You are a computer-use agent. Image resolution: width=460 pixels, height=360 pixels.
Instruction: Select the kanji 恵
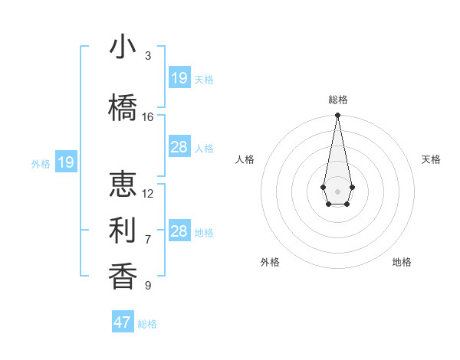pos(123,185)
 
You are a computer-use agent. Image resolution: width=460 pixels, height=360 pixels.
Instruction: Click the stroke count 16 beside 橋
pos(148,117)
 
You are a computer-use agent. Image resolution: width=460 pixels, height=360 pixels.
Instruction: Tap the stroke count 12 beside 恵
pos(148,194)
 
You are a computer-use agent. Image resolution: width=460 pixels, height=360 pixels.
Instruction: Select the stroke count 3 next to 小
pos(148,56)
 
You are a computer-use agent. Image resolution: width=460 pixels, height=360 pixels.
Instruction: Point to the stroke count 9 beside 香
pos(148,286)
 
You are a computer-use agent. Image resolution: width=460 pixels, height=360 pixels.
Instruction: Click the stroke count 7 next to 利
pos(148,240)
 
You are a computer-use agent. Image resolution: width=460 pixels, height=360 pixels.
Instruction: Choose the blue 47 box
pos(123,322)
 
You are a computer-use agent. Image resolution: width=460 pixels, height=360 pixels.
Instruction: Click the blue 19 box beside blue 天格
pos(179,78)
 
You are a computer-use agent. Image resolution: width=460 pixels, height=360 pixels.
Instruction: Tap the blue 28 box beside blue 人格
pos(179,147)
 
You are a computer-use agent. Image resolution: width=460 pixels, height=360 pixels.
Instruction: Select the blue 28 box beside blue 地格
pos(179,231)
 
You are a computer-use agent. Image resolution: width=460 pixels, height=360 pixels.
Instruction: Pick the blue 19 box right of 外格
pos(66,162)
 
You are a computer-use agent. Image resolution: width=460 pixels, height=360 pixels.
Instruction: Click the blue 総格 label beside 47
pos(147,324)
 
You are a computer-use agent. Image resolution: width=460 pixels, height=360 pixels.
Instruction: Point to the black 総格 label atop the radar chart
pos(337,100)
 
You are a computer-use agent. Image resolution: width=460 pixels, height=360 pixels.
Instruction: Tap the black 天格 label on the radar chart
pos(431,159)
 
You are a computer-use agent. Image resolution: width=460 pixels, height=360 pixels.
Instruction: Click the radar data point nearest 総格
pos(337,116)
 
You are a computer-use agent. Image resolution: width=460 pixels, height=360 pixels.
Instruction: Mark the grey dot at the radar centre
pos(337,190)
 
